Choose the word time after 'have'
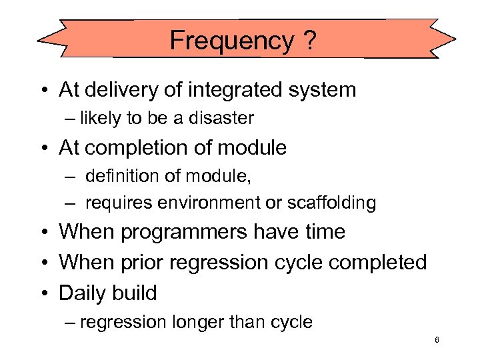(x=323, y=232)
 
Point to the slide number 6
(x=436, y=340)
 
